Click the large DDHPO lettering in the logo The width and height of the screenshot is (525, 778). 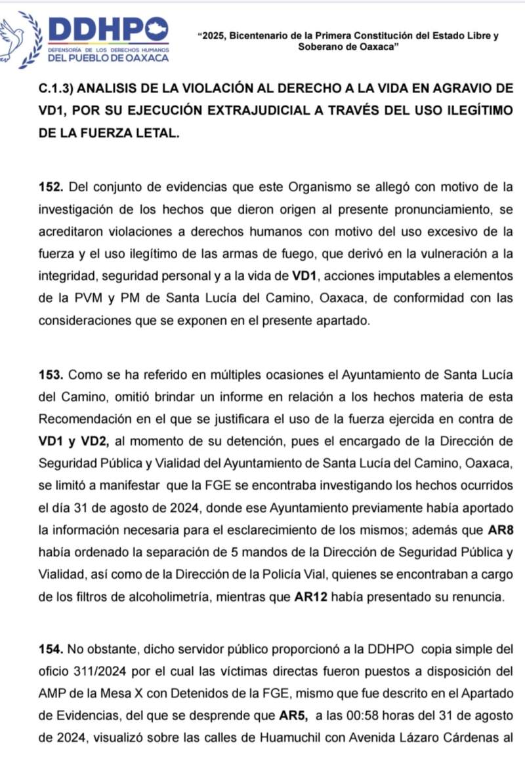tap(108, 29)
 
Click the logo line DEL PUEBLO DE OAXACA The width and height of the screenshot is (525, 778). tap(108, 57)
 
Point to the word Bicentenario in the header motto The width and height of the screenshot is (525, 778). tap(257, 37)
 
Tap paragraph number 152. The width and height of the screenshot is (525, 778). tap(51, 187)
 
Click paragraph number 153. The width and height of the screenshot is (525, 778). tap(51, 375)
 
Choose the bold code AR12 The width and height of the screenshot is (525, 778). tap(310, 598)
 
